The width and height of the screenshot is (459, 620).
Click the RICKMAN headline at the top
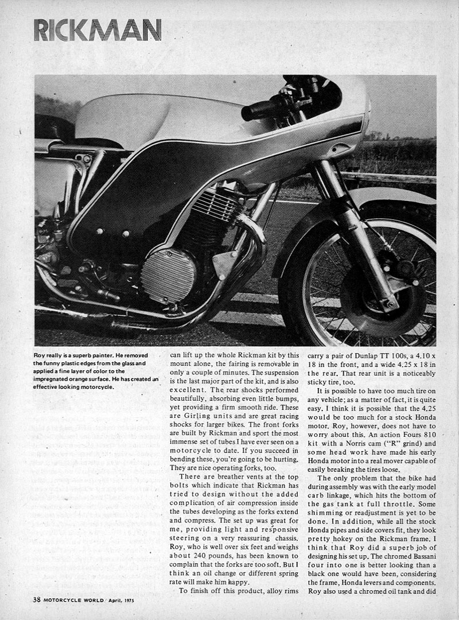coord(97,30)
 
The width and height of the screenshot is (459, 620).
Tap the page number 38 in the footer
coord(37,599)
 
